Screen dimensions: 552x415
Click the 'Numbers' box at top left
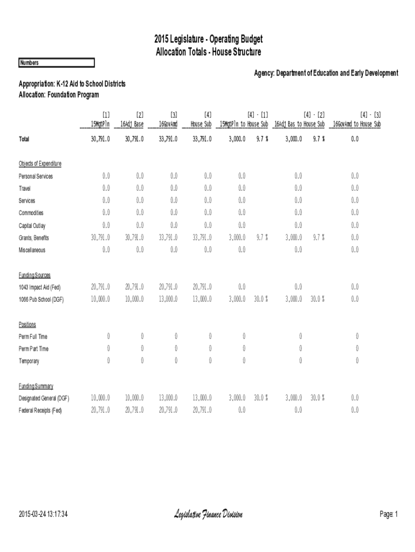56,63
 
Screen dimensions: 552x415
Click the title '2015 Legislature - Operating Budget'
208,40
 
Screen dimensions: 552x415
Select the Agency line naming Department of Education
326,73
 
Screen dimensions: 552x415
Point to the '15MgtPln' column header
100,124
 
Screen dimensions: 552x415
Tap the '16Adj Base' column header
132,124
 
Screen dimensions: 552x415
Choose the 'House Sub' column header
200,124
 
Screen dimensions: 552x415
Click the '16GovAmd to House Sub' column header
357,124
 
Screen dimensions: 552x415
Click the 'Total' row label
24,139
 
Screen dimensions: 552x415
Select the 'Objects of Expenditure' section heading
40,163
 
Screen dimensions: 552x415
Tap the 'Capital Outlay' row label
32,225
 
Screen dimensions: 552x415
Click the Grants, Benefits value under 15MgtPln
100,237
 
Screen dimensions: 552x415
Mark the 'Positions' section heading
27,325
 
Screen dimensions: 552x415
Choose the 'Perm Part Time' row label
33,349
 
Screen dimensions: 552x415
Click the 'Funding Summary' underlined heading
36,386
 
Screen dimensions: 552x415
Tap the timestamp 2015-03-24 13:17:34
43,515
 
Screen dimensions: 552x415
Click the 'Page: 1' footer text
388,515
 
